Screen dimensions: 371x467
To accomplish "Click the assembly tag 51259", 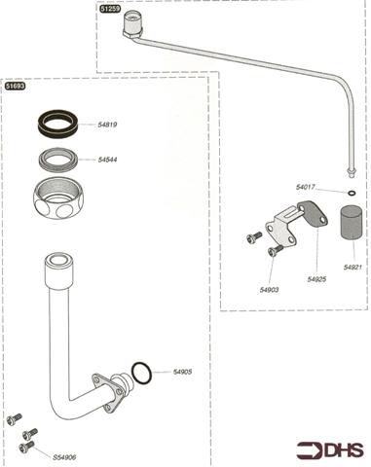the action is click(110, 9).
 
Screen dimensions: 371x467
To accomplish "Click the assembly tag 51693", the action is click(15, 86).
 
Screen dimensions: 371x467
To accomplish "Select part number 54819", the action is click(107, 125).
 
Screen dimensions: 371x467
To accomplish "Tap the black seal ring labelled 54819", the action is click(57, 123).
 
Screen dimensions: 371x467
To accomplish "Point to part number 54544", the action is click(107, 160).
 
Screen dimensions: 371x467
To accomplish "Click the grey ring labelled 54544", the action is click(58, 159).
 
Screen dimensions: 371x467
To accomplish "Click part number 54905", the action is click(182, 372).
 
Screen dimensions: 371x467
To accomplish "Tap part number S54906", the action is click(64, 457).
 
